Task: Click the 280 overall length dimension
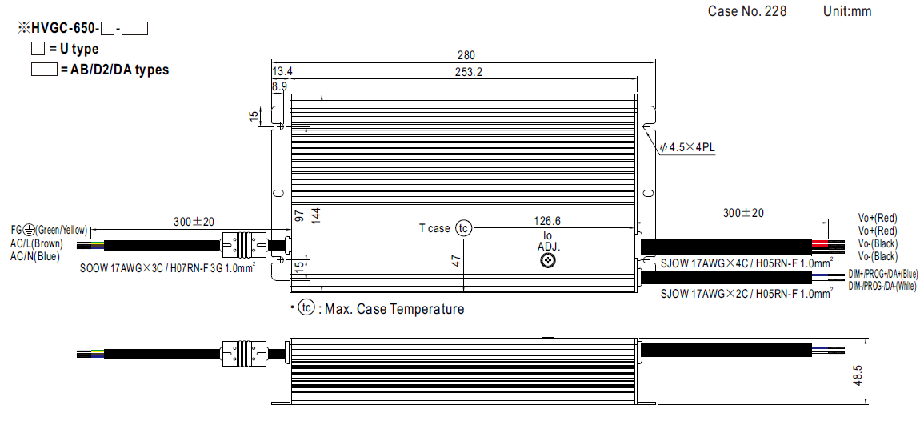pyautogui.click(x=466, y=56)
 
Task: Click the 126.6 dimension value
pyautogui.click(x=547, y=222)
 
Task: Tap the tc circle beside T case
pyautogui.click(x=463, y=228)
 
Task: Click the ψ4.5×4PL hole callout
pyautogui.click(x=686, y=148)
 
